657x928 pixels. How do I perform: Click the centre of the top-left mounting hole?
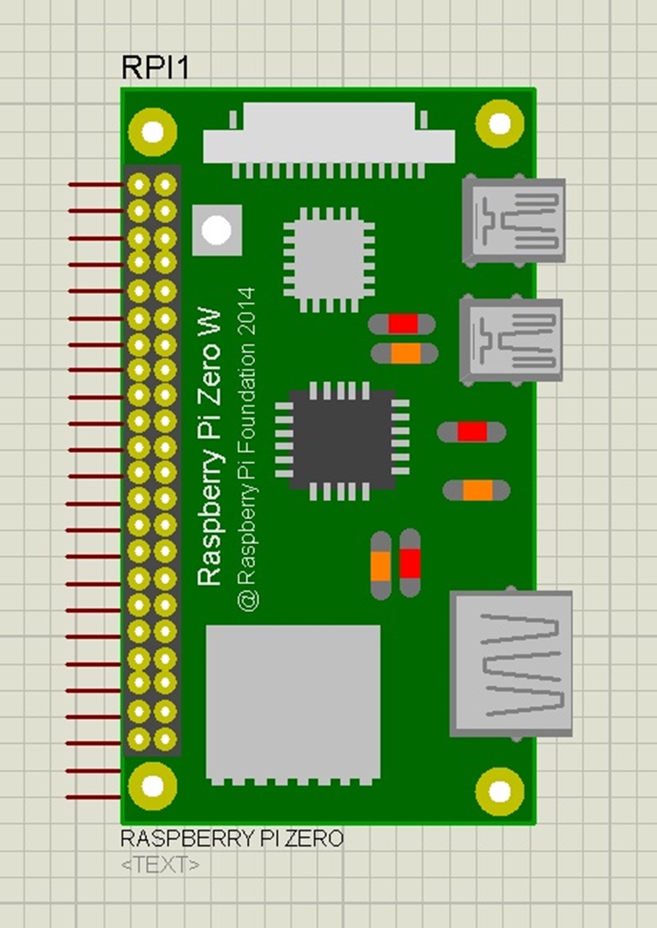tap(152, 132)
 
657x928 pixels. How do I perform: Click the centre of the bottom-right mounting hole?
tap(500, 790)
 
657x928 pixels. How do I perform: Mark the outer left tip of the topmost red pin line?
tap(68, 185)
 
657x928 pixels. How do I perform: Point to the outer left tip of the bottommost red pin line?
tap(66, 797)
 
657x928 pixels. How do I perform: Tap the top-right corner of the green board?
tap(536, 89)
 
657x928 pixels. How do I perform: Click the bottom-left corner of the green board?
tap(121, 824)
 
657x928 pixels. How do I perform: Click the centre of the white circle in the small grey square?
tap(216, 230)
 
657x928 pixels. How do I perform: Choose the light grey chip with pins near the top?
tap(328, 259)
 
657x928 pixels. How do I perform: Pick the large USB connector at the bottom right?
tap(511, 664)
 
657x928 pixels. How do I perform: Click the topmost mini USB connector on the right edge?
tap(513, 220)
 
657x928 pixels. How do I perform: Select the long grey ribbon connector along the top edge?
tap(329, 140)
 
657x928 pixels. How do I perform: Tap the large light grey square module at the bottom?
tap(293, 705)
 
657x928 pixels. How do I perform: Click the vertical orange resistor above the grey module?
tap(381, 565)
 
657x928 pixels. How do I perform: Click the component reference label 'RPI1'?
tap(155, 68)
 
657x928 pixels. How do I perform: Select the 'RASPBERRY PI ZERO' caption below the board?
tap(232, 839)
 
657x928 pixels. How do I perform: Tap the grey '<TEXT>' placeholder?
tap(160, 865)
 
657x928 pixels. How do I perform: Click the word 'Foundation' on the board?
tap(247, 411)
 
